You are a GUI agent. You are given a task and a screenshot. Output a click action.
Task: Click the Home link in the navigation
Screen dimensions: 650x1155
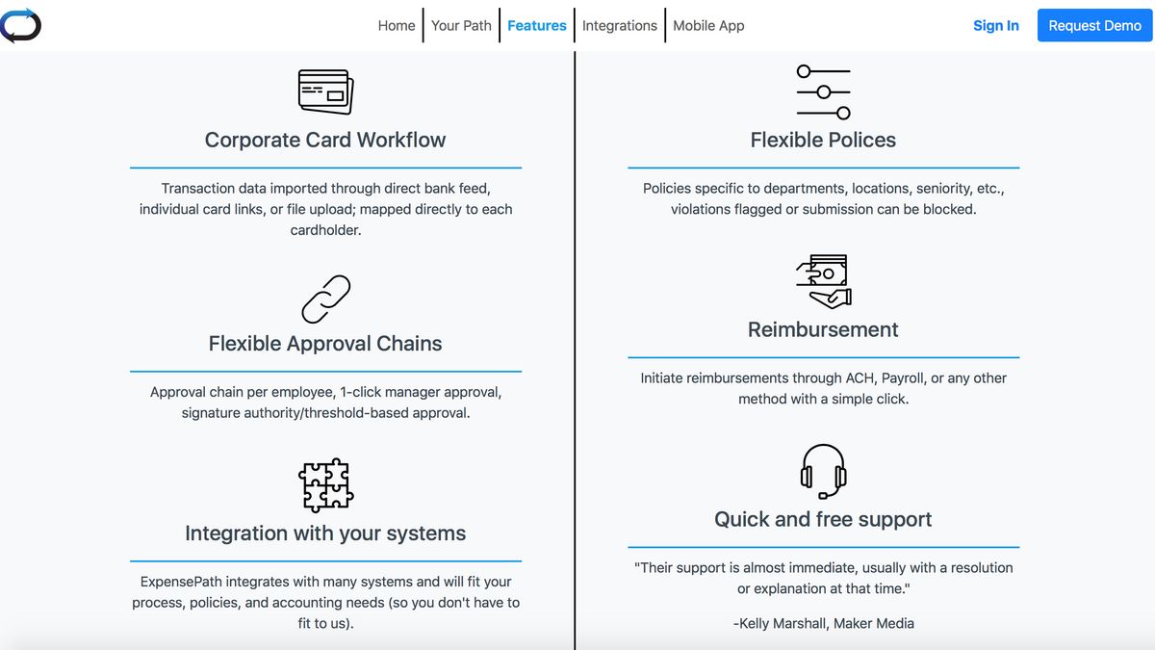(x=396, y=26)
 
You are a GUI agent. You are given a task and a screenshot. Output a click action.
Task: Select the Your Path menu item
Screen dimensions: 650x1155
(x=461, y=26)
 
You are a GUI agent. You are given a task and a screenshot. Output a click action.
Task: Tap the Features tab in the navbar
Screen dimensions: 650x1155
(x=536, y=26)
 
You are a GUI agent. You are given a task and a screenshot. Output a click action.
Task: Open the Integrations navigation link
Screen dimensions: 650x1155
(x=619, y=26)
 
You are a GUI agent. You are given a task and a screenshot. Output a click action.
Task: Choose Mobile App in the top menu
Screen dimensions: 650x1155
(x=708, y=26)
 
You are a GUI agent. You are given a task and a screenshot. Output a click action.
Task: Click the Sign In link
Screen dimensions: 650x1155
(x=995, y=26)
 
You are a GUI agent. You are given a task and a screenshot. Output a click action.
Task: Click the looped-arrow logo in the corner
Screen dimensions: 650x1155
(x=20, y=25)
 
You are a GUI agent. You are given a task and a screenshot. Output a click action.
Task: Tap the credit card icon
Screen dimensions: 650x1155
(x=325, y=91)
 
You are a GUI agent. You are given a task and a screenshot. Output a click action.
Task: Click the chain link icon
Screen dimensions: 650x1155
(x=325, y=299)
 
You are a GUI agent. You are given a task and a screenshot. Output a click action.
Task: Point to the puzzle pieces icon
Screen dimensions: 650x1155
(x=325, y=484)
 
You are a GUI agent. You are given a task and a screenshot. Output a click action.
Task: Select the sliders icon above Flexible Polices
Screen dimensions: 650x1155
(x=823, y=91)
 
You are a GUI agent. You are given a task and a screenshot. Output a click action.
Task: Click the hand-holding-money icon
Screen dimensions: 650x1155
(x=823, y=280)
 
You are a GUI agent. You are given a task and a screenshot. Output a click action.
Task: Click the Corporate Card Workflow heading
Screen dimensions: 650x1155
(x=325, y=140)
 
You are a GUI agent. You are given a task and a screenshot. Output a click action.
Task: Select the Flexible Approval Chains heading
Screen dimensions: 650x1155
(x=325, y=344)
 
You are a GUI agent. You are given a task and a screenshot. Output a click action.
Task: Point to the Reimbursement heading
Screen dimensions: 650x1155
(x=823, y=329)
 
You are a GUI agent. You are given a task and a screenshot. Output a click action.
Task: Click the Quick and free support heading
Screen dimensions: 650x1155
(x=823, y=519)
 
